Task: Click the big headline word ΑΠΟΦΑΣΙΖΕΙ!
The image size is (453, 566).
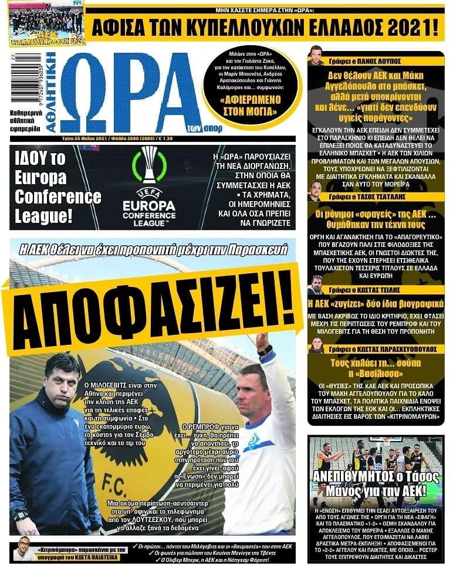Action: point(150,308)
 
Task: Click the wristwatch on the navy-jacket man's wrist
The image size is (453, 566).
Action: point(21,516)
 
